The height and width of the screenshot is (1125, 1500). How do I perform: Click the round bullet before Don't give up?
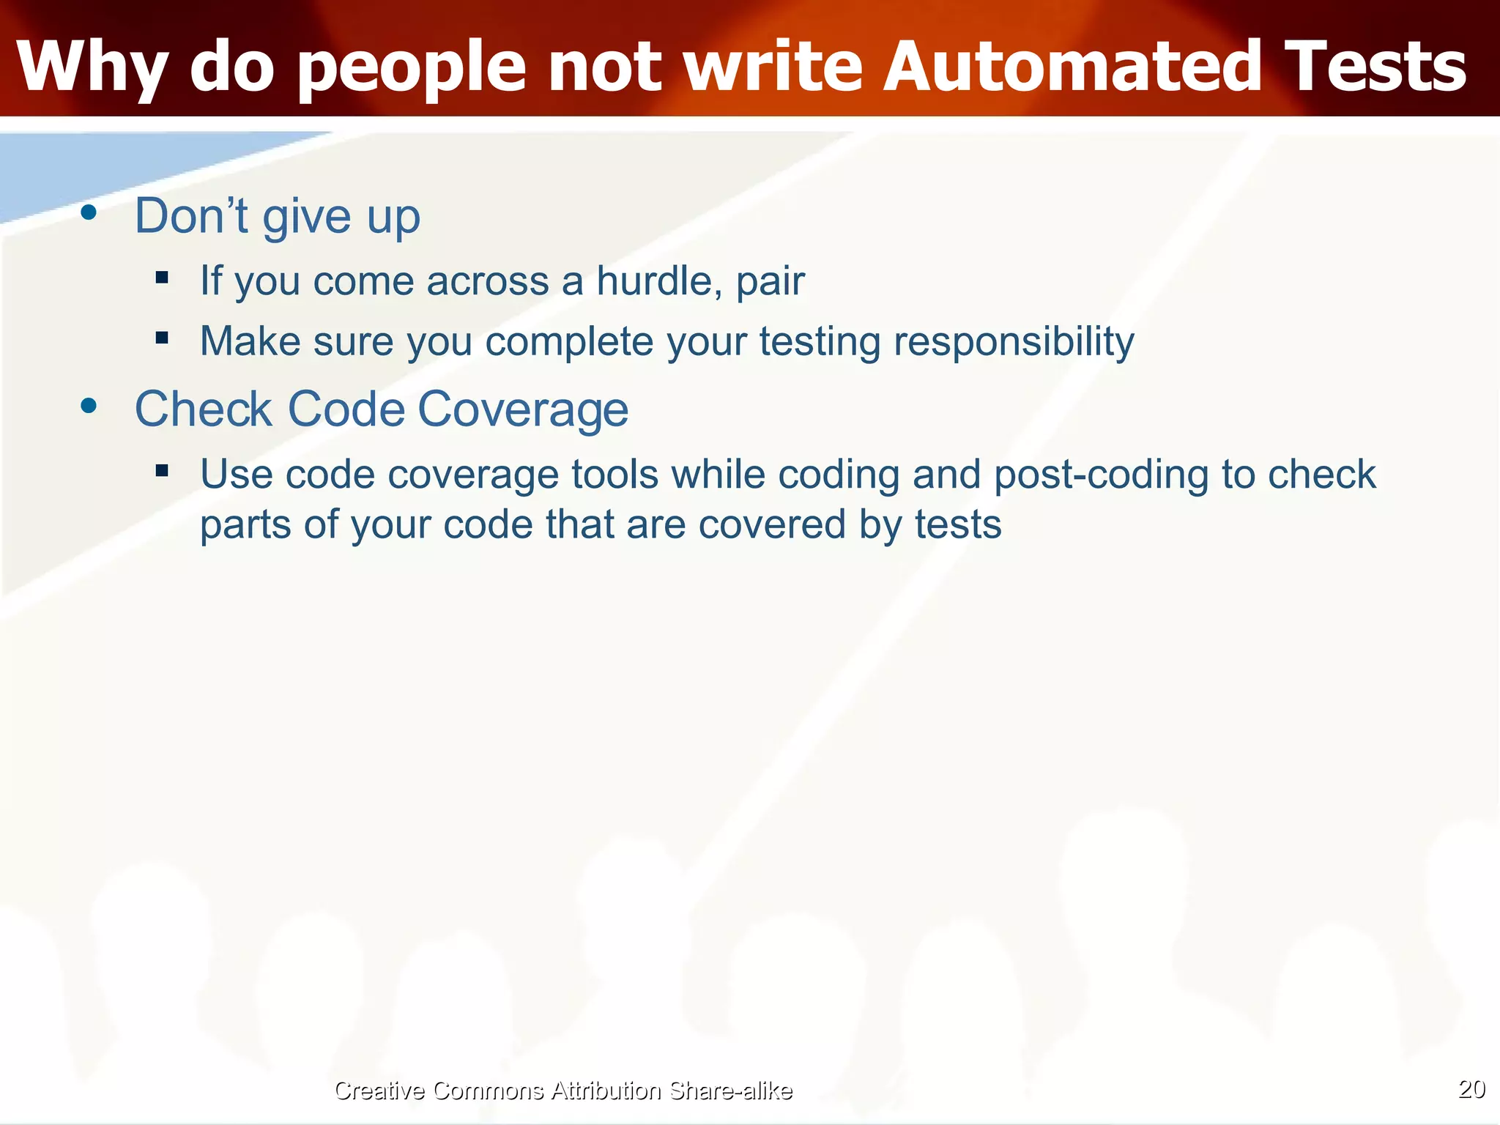(x=89, y=212)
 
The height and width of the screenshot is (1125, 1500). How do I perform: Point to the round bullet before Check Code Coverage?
(x=89, y=405)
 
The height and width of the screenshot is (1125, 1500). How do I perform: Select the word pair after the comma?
(x=770, y=282)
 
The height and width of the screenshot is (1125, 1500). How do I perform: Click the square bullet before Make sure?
(x=162, y=338)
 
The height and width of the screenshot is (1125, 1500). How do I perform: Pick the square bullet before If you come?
(x=162, y=277)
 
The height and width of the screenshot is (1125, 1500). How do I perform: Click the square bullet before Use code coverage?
(x=162, y=470)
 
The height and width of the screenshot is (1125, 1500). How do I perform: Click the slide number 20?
(x=1471, y=1088)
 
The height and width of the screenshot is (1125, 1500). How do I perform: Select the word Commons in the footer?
(x=488, y=1091)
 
